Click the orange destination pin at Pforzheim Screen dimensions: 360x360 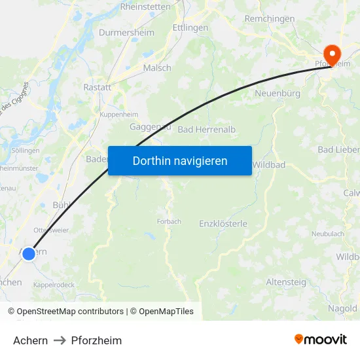[332, 54]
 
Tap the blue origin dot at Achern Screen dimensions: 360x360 [29, 253]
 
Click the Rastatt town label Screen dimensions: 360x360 [97, 86]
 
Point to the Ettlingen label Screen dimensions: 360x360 [190, 28]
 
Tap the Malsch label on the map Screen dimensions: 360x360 [157, 68]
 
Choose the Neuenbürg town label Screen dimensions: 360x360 [277, 94]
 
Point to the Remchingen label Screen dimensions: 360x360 [270, 19]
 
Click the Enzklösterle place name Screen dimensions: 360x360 [223, 224]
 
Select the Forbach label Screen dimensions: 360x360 [169, 221]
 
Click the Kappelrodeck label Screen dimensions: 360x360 [54, 285]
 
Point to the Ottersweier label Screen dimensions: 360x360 [51, 230]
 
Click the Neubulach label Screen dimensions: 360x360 [328, 234]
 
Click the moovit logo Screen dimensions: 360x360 [321, 340]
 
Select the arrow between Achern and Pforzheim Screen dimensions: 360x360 [60, 340]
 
